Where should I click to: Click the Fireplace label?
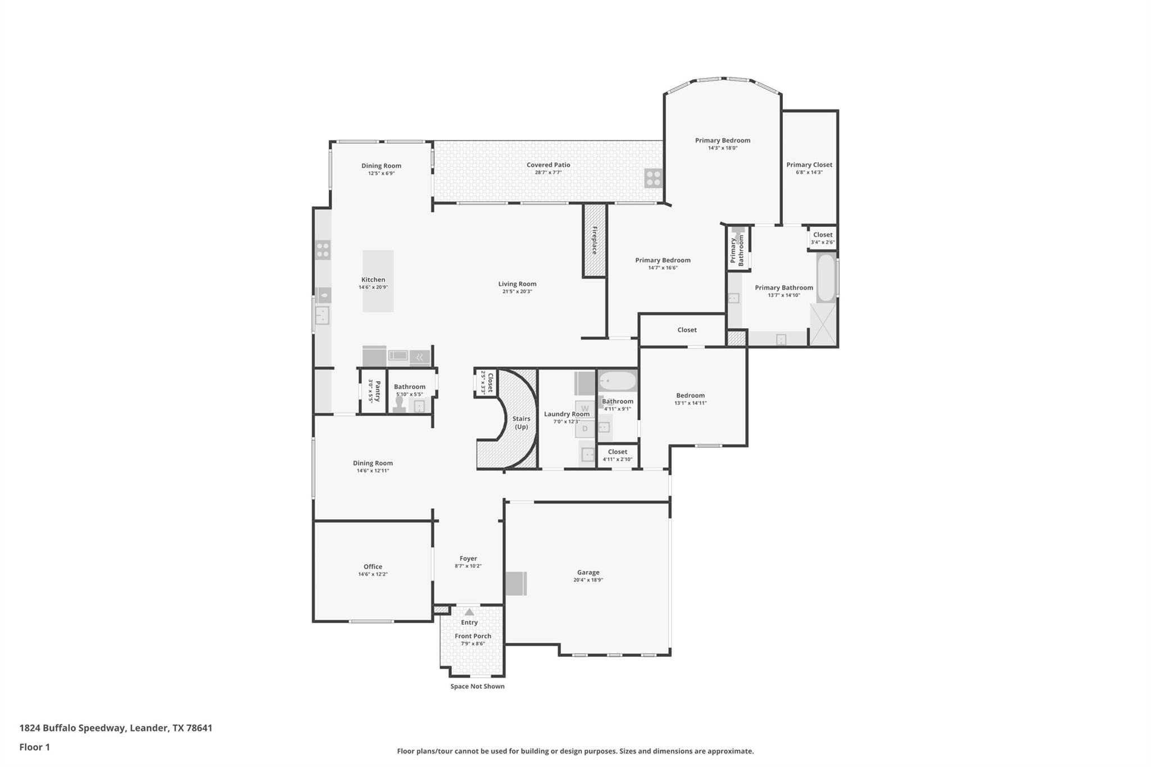595,240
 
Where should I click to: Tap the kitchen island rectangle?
378,281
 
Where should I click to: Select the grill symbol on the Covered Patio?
653,178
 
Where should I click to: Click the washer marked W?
584,409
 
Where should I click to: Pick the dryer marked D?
584,429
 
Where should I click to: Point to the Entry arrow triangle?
469,612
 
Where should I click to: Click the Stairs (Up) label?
521,423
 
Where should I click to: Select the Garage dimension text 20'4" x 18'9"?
588,580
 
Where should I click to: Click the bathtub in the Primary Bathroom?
826,279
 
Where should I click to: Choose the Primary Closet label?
809,165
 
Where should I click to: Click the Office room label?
373,566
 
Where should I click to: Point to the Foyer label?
468,559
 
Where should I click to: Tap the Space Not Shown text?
477,686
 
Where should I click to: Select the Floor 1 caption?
35,747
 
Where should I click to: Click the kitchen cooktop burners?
323,249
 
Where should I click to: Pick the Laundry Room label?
567,414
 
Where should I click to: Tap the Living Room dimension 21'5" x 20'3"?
517,292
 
